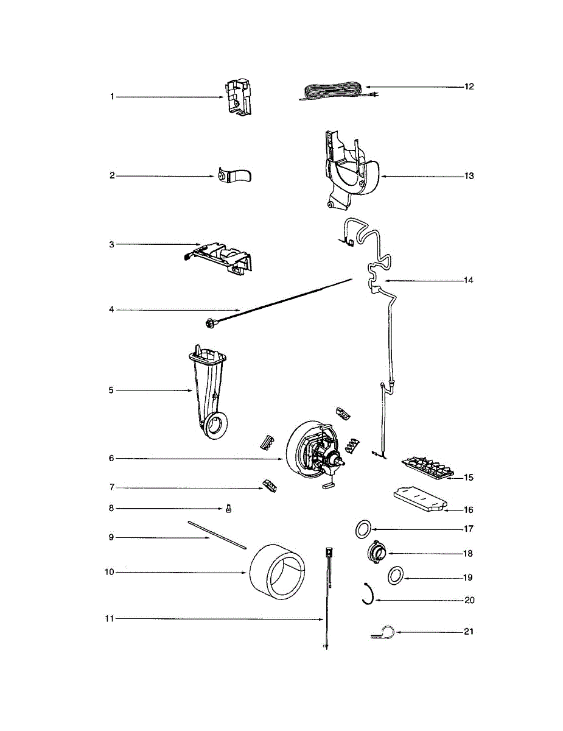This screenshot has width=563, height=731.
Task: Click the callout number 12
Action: coord(469,87)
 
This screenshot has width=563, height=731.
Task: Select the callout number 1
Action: coord(112,97)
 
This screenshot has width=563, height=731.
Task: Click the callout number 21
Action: coord(468,632)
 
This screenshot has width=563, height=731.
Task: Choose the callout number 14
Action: coord(469,281)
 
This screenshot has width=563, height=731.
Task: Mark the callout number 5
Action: coord(111,390)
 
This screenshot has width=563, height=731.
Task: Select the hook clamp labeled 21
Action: coord(383,634)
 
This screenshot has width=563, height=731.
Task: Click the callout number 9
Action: coord(111,537)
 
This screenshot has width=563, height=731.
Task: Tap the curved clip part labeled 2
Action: coord(234,176)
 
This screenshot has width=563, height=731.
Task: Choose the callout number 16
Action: coord(469,510)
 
